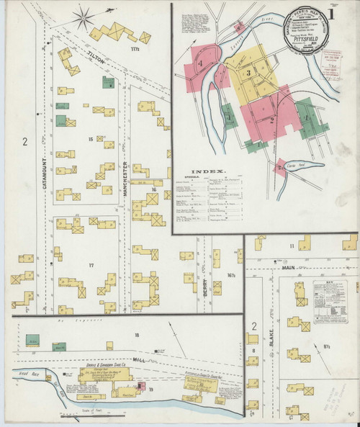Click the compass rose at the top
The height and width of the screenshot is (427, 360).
pyautogui.click(x=89, y=14)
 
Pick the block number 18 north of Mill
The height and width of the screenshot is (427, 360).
pyautogui.click(x=135, y=336)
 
